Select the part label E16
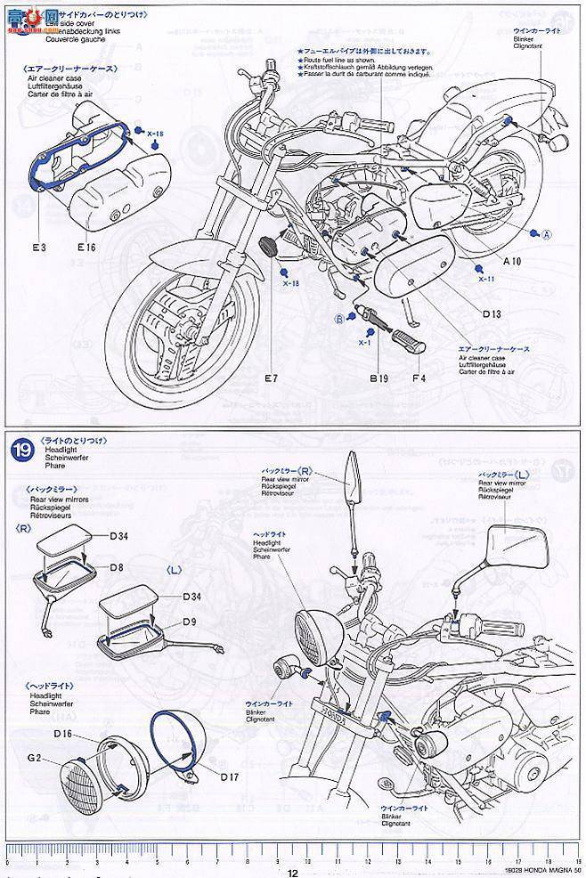pyautogui.click(x=85, y=247)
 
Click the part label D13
pyautogui.click(x=492, y=314)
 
